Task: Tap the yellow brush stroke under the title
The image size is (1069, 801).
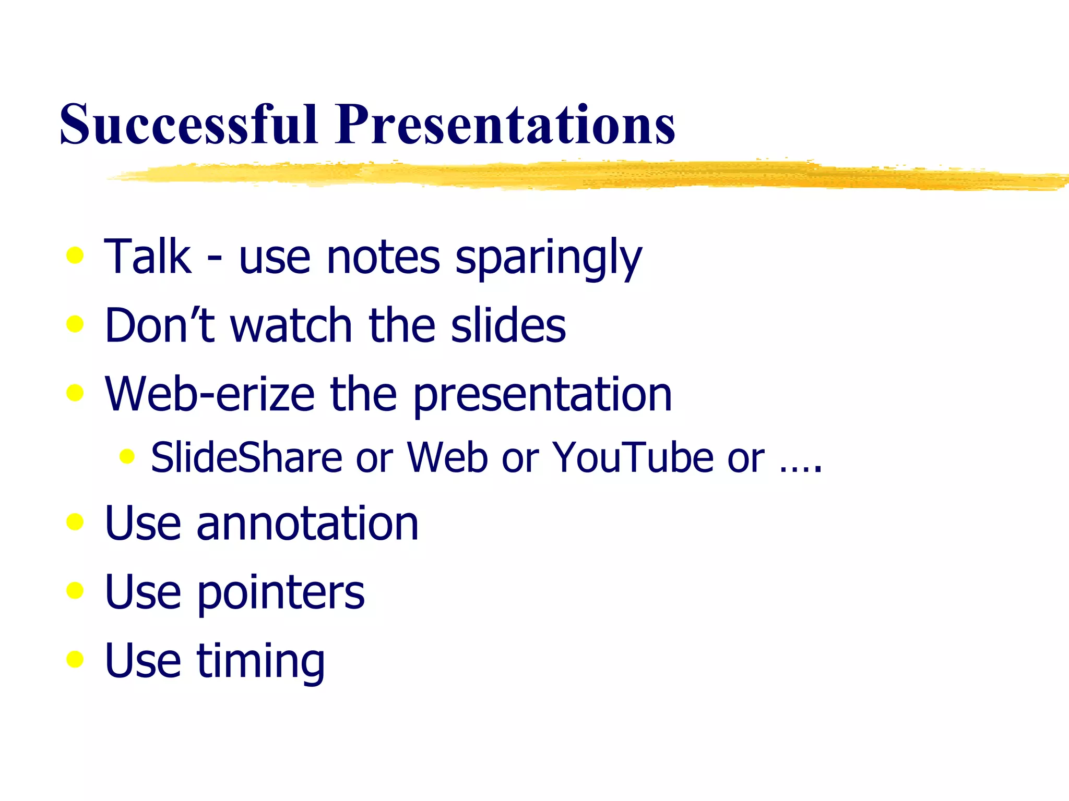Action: point(574,175)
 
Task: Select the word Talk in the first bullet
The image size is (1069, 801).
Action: point(148,257)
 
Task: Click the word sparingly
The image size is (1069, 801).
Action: point(548,258)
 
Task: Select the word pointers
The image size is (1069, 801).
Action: point(280,593)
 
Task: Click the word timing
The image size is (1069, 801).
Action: point(260,661)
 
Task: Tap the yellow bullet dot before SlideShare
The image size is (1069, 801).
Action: point(127,457)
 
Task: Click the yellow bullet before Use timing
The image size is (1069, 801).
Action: point(75,659)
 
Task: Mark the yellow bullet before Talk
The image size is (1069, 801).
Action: point(75,256)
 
